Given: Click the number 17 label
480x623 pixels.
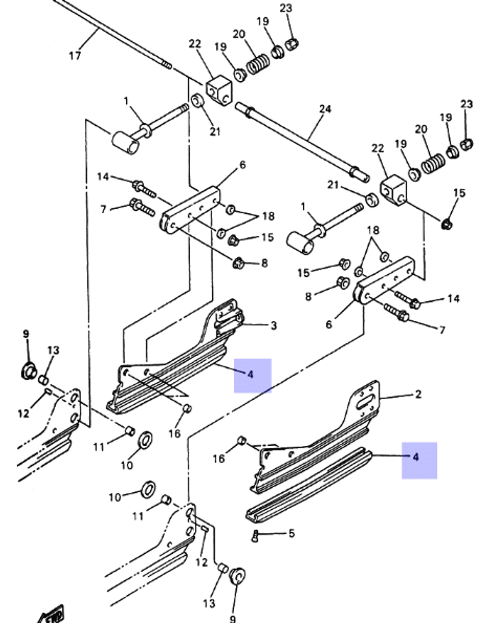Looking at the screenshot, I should (x=75, y=55).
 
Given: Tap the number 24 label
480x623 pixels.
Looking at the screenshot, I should (x=325, y=109).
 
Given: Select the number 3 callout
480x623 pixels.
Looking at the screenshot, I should (x=273, y=326).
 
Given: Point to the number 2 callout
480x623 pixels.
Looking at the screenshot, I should (x=418, y=394).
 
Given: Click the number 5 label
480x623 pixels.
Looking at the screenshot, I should (x=291, y=533).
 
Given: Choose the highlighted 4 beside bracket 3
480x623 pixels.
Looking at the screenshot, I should (x=252, y=375).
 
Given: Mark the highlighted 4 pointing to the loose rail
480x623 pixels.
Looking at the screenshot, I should (x=416, y=457).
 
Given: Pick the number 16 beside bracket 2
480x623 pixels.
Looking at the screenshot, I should (x=218, y=458).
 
